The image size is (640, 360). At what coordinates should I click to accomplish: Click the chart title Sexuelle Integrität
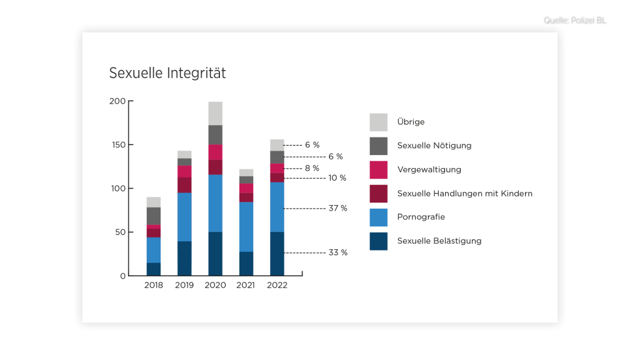tap(167, 73)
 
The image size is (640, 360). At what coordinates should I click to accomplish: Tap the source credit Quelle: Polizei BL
tap(576, 21)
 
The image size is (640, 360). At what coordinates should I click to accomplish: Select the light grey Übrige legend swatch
tap(378, 122)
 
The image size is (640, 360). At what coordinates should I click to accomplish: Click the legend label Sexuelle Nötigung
tap(434, 146)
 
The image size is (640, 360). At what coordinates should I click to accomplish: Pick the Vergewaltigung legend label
tap(429, 169)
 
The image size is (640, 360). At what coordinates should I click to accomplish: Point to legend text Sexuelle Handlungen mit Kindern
tap(464, 193)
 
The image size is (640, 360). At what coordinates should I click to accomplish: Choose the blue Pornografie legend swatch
tap(378, 217)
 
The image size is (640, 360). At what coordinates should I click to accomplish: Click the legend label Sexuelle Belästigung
tap(439, 241)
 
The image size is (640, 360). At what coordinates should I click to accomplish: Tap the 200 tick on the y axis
tap(117, 101)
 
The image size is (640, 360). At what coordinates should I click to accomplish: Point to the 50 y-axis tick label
tap(119, 232)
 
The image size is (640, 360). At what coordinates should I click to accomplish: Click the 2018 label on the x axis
tap(154, 286)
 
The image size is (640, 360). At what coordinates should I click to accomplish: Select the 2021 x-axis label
tap(246, 286)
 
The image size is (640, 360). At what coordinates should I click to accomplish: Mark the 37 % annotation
tap(337, 208)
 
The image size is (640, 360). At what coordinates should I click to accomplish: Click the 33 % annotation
tap(337, 252)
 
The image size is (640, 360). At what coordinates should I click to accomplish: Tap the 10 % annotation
tap(337, 178)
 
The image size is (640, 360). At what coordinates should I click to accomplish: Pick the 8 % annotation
tap(311, 168)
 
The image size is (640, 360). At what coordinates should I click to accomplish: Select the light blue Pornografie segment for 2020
tap(215, 203)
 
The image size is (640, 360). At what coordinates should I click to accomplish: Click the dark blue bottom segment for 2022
tap(277, 253)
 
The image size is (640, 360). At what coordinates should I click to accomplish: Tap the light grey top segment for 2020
tap(215, 113)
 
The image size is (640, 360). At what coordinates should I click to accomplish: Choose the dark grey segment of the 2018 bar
tap(154, 216)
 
